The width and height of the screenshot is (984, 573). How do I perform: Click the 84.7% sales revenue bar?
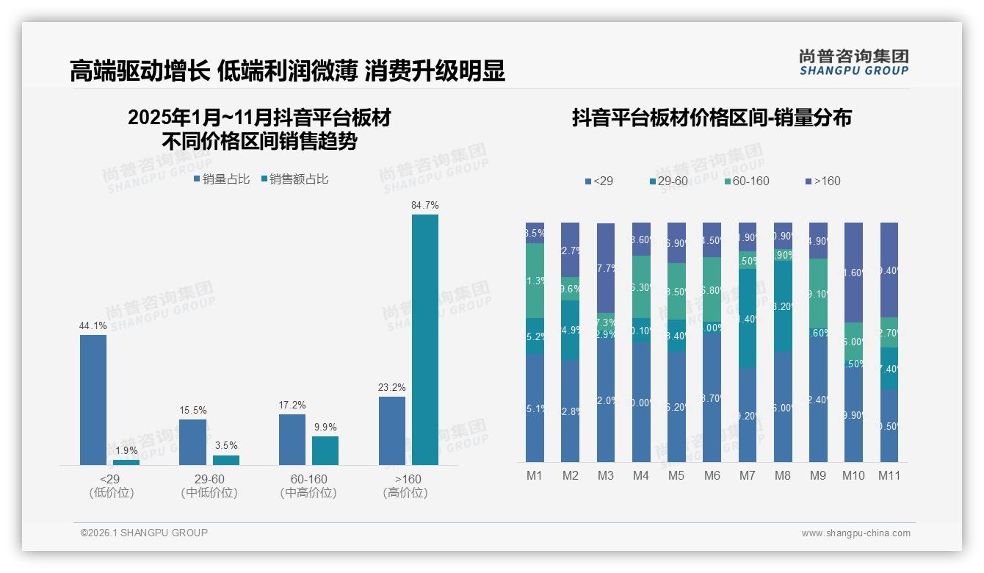tap(424, 339)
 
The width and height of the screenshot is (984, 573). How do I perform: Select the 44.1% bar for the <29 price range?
tap(93, 400)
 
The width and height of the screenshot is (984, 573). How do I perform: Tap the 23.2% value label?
tap(392, 387)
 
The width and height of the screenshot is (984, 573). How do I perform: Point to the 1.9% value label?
tap(126, 450)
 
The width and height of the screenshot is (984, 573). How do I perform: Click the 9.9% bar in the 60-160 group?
tap(325, 450)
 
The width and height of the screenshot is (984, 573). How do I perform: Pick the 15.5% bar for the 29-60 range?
tap(192, 442)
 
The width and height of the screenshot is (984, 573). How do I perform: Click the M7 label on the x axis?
tap(747, 475)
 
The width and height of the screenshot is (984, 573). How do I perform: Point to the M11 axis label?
tap(889, 475)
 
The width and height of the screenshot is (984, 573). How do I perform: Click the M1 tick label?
tap(535, 475)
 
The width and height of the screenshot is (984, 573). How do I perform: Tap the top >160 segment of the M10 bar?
tap(853, 272)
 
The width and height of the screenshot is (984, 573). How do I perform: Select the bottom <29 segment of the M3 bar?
tap(605, 400)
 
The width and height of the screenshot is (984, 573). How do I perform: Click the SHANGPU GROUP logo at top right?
tap(853, 62)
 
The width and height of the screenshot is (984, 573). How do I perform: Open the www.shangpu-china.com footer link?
tap(855, 533)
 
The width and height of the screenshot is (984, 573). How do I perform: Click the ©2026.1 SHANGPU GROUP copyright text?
tap(144, 533)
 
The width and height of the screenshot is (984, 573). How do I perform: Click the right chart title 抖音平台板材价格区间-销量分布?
tap(711, 118)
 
